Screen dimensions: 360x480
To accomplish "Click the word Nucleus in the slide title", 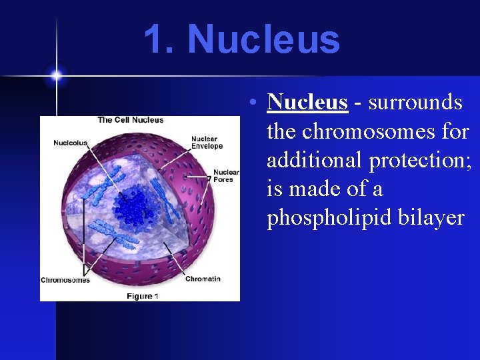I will pyautogui.click(x=263, y=39).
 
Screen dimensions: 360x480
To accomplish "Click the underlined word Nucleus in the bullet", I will pyautogui.click(x=307, y=102).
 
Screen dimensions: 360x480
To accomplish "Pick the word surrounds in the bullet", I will pyautogui.click(x=415, y=102).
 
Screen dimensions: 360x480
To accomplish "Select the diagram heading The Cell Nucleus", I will pyautogui.click(x=131, y=120).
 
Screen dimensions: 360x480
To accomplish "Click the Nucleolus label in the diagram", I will pyautogui.click(x=70, y=143).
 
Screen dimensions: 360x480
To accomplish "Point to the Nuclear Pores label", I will pyautogui.click(x=226, y=175).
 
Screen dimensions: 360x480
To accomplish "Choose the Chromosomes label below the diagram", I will pyautogui.click(x=65, y=280).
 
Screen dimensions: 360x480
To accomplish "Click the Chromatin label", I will pyautogui.click(x=203, y=279).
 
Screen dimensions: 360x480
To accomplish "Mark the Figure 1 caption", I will pyautogui.click(x=141, y=296).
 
